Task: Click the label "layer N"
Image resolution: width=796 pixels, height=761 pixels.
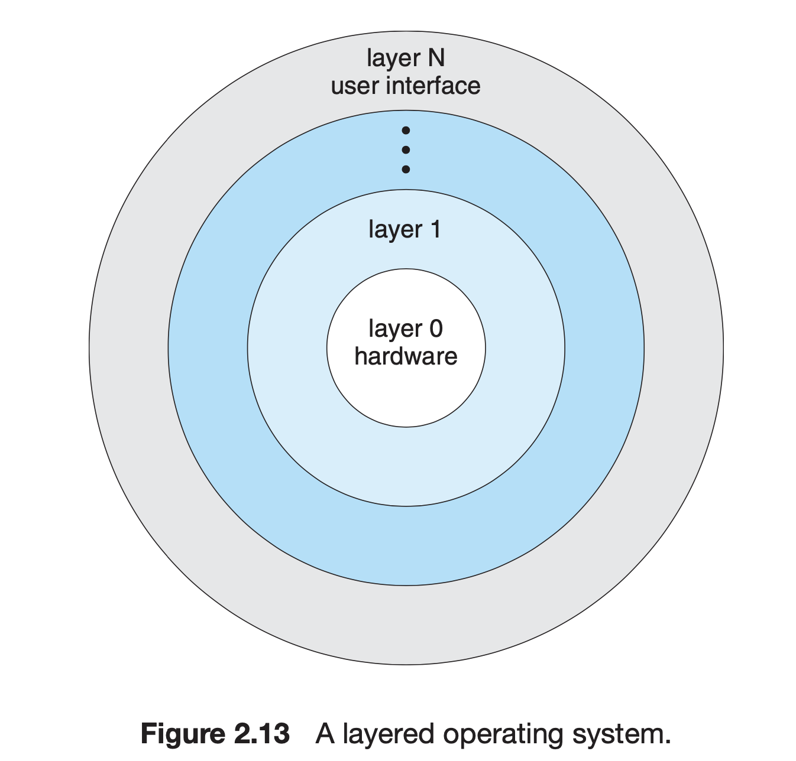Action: tap(406, 58)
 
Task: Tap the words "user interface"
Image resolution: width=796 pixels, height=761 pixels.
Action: tap(406, 86)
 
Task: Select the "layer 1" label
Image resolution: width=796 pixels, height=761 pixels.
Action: tap(405, 229)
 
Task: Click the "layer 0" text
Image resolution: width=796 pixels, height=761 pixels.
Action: tap(406, 329)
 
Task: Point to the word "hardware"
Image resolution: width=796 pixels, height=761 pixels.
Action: tap(406, 356)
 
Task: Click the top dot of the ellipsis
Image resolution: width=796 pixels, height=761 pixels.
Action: tap(406, 131)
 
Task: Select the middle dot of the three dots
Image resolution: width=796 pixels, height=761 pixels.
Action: tap(406, 150)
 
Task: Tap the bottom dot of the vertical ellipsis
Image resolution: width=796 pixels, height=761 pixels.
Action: tap(406, 170)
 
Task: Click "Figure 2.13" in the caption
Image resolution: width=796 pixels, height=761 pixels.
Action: tap(215, 734)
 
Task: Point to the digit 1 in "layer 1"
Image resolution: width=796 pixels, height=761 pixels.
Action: tap(436, 229)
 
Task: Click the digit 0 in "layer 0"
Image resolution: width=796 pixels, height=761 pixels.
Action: tap(436, 329)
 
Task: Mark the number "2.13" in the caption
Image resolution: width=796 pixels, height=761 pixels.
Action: tap(258, 734)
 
